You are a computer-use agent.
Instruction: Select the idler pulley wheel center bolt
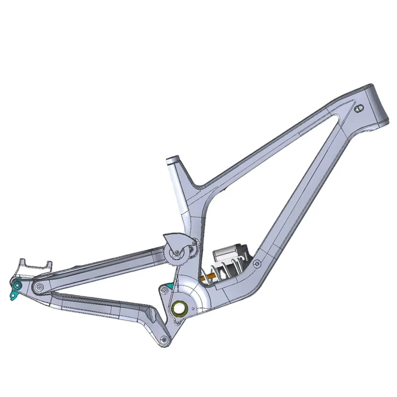(x=175, y=254)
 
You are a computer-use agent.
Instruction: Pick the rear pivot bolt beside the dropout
(x=38, y=287)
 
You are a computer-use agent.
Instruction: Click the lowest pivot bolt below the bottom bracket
(x=164, y=339)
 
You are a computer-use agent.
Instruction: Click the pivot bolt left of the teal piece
(x=162, y=288)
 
